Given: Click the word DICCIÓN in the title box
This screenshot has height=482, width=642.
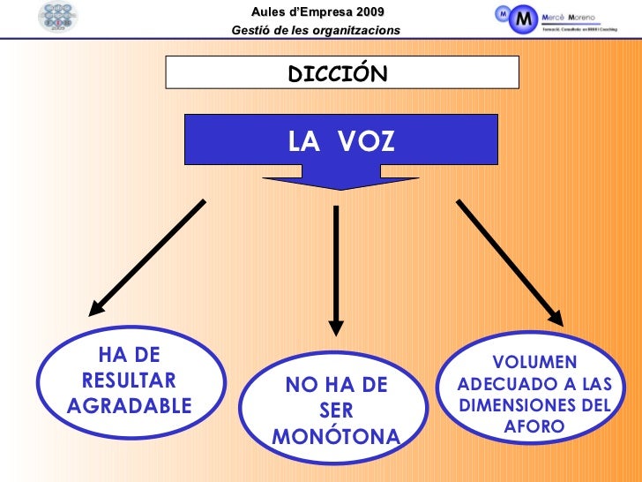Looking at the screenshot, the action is pos(337,74).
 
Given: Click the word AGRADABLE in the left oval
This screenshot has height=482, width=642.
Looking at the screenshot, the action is pos(128,406).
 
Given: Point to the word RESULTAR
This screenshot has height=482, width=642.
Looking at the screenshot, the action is pos(128,380).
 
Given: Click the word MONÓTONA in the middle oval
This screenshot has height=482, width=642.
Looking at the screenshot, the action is pos(336,436).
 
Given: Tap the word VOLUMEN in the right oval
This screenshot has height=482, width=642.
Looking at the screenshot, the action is pos(534,364).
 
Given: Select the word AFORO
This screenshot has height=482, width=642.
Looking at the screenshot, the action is pos(534,427).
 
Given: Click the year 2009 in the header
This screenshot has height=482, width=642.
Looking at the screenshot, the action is pos(367,11).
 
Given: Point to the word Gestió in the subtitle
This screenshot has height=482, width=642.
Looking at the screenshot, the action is pos(249,31).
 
